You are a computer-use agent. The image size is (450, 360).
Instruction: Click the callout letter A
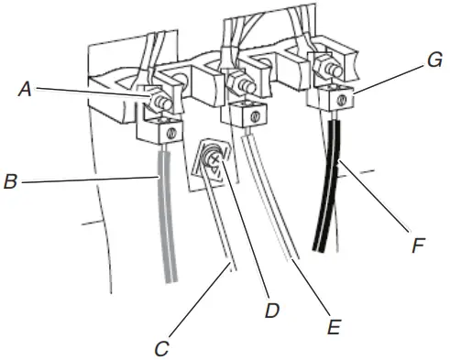point(25,90)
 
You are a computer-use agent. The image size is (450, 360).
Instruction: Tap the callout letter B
point(11,181)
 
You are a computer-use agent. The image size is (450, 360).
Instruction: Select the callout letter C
point(161,349)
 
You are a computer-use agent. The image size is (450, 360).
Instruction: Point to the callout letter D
point(272,311)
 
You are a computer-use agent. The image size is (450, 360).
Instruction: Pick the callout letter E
point(334,327)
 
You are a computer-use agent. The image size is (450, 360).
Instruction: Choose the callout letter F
point(418,245)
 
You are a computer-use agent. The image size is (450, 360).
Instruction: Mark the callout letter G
point(434,60)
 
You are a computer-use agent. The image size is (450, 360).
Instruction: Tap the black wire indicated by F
point(327,186)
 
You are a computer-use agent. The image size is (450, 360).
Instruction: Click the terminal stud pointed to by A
point(161,103)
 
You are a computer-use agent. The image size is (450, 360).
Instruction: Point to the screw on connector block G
point(343,100)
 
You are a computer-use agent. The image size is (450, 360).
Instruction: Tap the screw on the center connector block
point(255,116)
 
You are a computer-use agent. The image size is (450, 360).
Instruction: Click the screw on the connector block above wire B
point(172,133)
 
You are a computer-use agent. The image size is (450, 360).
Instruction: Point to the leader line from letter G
point(390,79)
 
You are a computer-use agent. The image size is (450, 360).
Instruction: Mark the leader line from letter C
point(199,301)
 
